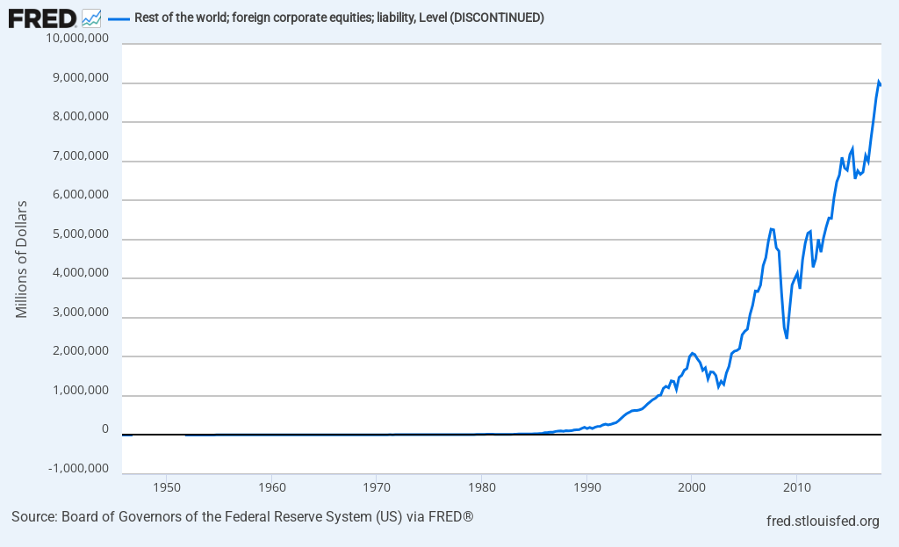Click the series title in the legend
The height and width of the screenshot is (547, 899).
pyautogui.click(x=339, y=18)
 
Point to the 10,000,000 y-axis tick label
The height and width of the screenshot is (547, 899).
pyautogui.click(x=79, y=40)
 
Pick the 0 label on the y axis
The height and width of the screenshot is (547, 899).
pyautogui.click(x=104, y=429)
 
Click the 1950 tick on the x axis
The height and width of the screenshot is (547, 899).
pyautogui.click(x=167, y=486)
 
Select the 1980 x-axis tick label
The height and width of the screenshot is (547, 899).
pyautogui.click(x=481, y=486)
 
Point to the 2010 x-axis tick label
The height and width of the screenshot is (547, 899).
pyautogui.click(x=796, y=486)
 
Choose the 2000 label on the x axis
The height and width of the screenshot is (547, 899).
pyautogui.click(x=691, y=486)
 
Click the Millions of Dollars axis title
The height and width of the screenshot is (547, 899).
pyautogui.click(x=21, y=259)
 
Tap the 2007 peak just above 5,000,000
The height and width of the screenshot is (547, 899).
pyautogui.click(x=771, y=228)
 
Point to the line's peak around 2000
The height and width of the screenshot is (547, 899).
pyautogui.click(x=693, y=353)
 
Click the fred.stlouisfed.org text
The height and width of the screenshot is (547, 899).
pyautogui.click(x=823, y=522)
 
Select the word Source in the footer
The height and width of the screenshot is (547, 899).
pyautogui.click(x=32, y=516)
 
